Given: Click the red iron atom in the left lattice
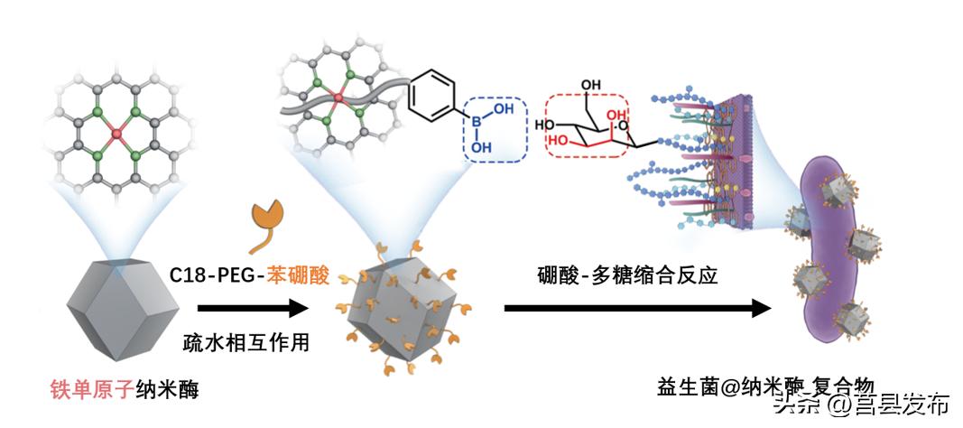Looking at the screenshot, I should (116, 135).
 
